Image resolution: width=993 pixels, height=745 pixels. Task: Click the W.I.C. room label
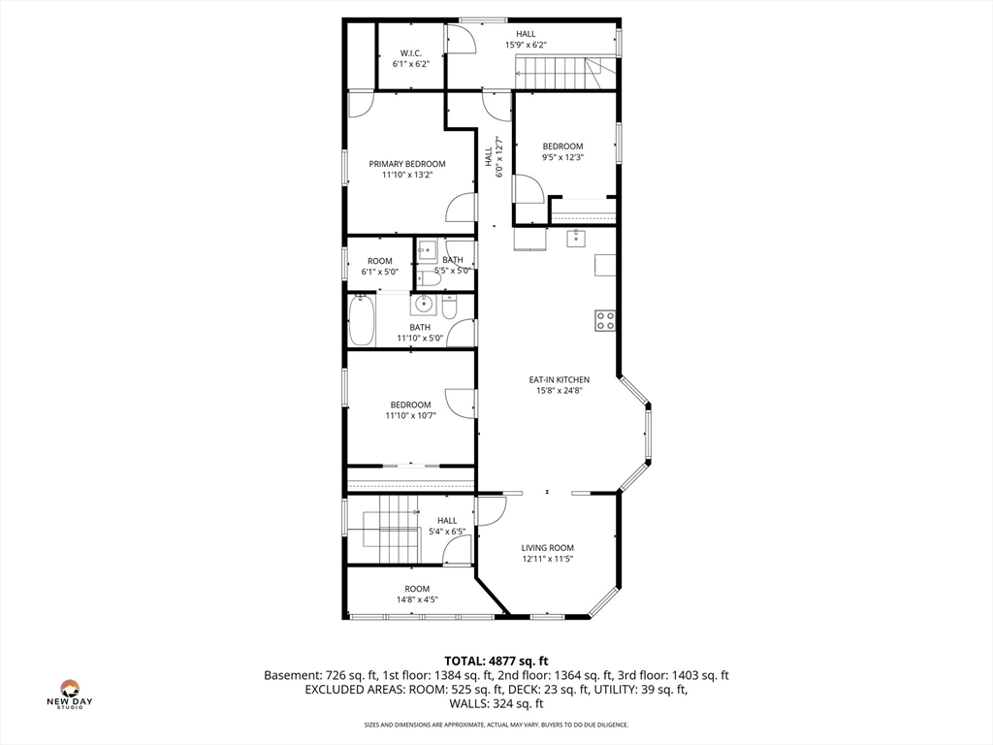pyautogui.click(x=410, y=52)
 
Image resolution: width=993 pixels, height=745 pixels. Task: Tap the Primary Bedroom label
pyautogui.click(x=407, y=164)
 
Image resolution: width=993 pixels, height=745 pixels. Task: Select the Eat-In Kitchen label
pyautogui.click(x=559, y=379)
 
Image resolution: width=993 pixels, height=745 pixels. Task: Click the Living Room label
pyautogui.click(x=548, y=548)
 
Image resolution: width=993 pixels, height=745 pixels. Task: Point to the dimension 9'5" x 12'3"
pyautogui.click(x=562, y=157)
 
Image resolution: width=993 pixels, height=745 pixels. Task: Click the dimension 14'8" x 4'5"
pyautogui.click(x=417, y=599)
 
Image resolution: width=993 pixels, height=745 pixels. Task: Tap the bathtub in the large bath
pyautogui.click(x=363, y=320)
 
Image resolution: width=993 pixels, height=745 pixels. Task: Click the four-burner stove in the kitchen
pyautogui.click(x=605, y=320)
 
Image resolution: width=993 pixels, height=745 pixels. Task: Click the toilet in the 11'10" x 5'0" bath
pyautogui.click(x=449, y=308)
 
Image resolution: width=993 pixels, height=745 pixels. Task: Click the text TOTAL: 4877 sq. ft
pyautogui.click(x=496, y=661)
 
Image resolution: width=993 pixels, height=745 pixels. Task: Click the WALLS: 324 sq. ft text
pyautogui.click(x=496, y=704)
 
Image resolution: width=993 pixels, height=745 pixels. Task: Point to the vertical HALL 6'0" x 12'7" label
pyautogui.click(x=494, y=156)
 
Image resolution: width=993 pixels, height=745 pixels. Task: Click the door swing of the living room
pyautogui.click(x=490, y=510)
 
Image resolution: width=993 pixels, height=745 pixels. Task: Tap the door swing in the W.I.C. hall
pyautogui.click(x=461, y=39)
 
